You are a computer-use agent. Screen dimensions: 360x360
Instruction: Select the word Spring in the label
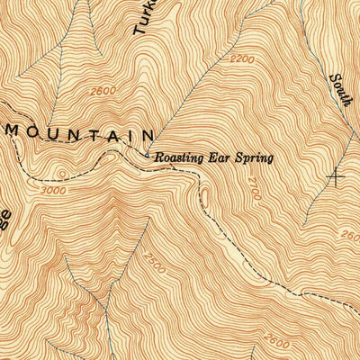click(253, 159)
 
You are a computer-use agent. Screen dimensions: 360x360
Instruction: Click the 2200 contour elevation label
click(241, 58)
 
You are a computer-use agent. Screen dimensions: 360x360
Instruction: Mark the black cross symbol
click(337, 176)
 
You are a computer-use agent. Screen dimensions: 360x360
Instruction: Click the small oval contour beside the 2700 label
click(203, 195)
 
